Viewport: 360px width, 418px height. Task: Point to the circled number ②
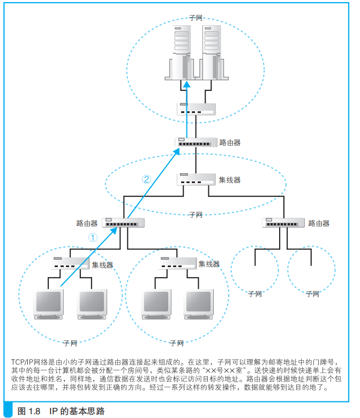pyautogui.click(x=146, y=180)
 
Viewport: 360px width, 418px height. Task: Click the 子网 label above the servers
pyautogui.click(x=196, y=18)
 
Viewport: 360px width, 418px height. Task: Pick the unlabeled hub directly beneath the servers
pyautogui.click(x=196, y=109)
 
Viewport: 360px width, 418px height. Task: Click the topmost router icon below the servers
pyautogui.click(x=196, y=142)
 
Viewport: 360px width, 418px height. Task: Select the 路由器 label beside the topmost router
pyautogui.click(x=230, y=143)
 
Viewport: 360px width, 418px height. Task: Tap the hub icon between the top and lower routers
pyautogui.click(x=196, y=179)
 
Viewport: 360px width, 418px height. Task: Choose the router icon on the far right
pyautogui.click(x=284, y=223)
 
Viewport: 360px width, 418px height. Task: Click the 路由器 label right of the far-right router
pyautogui.click(x=319, y=223)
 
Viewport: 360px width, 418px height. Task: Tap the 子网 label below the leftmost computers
pyautogui.click(x=70, y=342)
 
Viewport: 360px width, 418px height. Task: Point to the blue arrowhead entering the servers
pyautogui.click(x=187, y=84)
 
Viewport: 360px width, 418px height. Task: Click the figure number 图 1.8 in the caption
pyautogui.click(x=29, y=411)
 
